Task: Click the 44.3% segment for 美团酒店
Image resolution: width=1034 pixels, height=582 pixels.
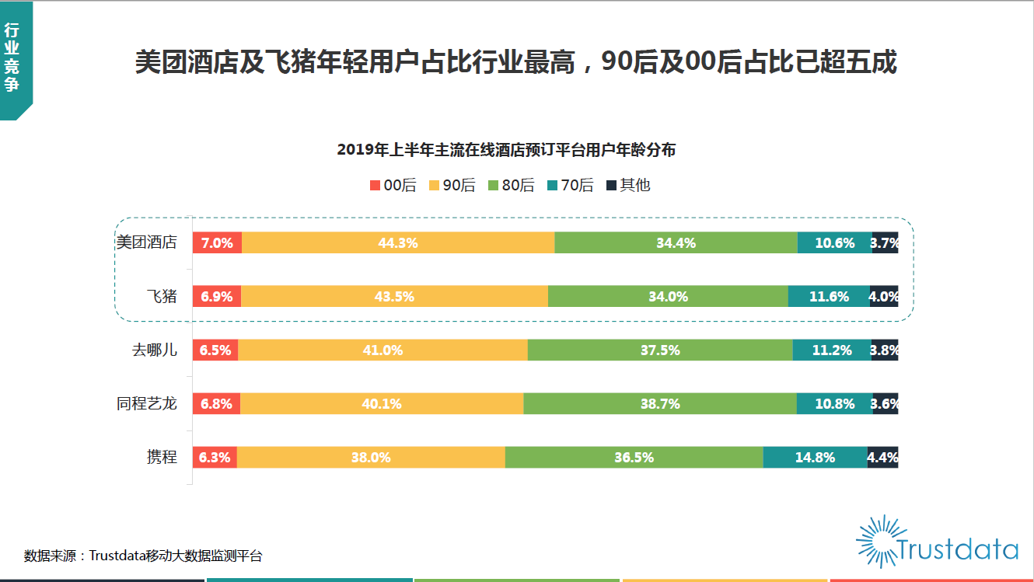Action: [398, 242]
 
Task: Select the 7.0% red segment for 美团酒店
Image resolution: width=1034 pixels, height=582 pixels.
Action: [217, 242]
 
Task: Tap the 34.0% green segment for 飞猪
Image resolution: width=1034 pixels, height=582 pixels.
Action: [668, 296]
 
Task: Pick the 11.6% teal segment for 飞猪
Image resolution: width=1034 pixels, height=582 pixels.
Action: [829, 296]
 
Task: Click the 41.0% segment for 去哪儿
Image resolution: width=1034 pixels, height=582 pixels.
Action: [383, 350]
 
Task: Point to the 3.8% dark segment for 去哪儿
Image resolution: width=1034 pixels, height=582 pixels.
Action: [885, 350]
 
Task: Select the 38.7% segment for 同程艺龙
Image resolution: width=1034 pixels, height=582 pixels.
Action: [660, 403]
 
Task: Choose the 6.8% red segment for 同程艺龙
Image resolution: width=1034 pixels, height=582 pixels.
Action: [216, 403]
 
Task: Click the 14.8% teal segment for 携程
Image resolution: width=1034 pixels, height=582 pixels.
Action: [815, 457]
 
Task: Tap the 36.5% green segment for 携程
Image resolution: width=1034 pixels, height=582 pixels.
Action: [634, 457]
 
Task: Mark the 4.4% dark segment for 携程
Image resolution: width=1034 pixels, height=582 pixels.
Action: [883, 457]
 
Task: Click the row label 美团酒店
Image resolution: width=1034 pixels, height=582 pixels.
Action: [146, 242]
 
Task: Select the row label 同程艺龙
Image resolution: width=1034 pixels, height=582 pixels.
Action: [146, 403]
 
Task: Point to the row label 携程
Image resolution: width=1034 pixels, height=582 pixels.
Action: [162, 457]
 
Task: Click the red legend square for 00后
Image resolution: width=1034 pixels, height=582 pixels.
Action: [375, 186]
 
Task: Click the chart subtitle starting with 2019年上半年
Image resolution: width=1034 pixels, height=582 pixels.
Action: [506, 150]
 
